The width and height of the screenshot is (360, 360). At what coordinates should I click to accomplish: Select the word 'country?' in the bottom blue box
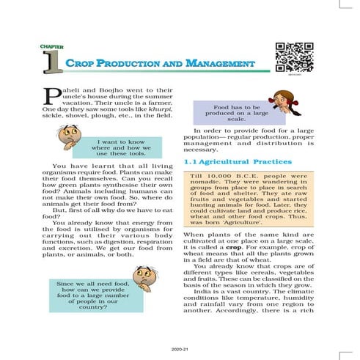(93, 307)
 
